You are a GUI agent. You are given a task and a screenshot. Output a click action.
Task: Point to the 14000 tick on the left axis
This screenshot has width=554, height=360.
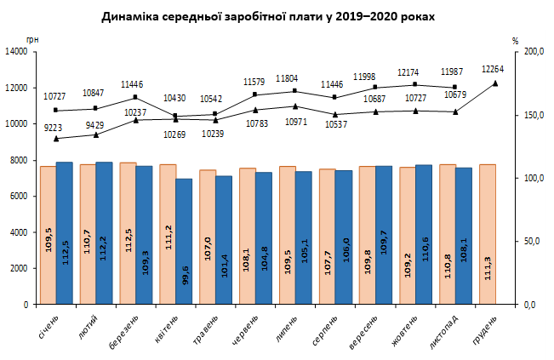coord(17,51)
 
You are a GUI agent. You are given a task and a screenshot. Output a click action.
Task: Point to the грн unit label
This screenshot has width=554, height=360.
coord(32,40)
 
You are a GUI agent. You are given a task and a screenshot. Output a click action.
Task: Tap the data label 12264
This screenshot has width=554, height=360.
coord(494,69)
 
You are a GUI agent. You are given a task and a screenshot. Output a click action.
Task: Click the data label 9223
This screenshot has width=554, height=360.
coord(49,126)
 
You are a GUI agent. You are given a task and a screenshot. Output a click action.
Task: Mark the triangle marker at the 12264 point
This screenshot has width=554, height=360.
coord(495,83)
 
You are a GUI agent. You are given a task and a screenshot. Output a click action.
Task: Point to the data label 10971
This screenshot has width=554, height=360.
coord(296,123)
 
